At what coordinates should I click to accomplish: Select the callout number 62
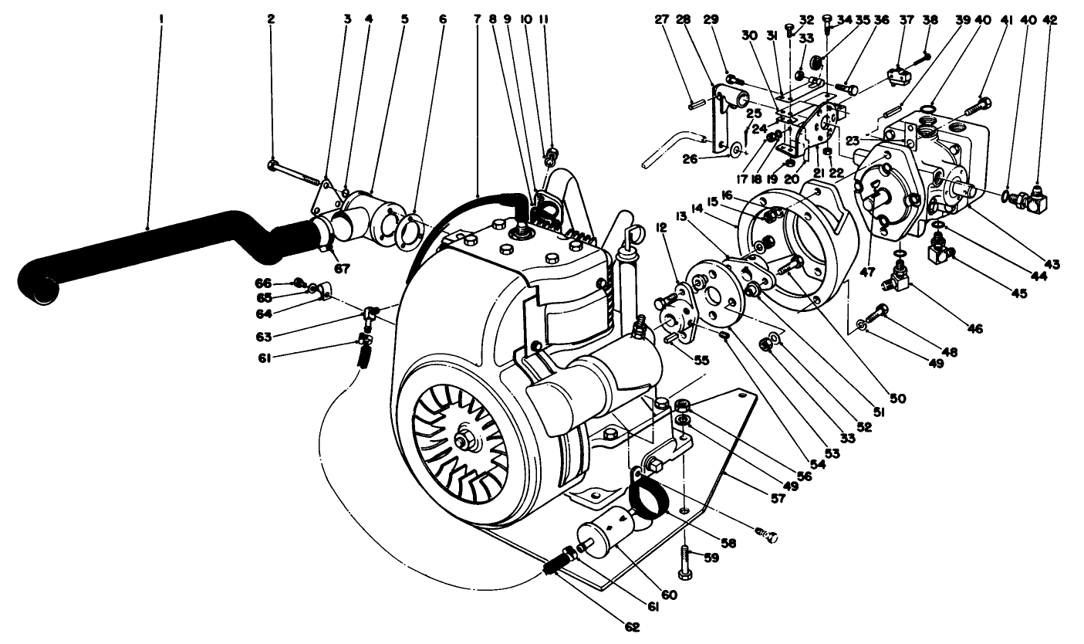click(633, 627)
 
